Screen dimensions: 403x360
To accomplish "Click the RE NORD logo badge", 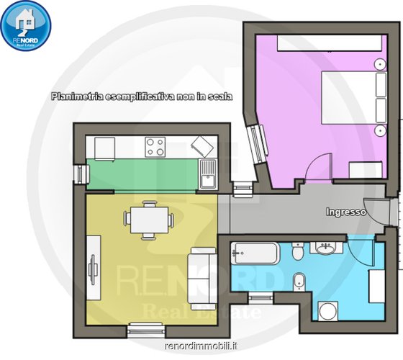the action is click(x=26, y=25).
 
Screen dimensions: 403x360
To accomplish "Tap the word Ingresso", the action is click(x=345, y=212).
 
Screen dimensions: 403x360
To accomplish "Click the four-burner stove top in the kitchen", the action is click(x=155, y=147).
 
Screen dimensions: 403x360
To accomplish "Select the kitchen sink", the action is click(x=208, y=174).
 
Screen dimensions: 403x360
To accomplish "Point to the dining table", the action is click(x=150, y=220).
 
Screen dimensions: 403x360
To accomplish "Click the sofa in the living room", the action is click(x=202, y=279).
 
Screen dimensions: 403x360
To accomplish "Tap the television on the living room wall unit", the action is click(x=93, y=269).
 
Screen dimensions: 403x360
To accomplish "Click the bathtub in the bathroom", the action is click(x=255, y=253).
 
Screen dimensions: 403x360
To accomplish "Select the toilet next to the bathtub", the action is click(x=298, y=251).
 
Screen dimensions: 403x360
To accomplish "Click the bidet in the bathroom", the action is click(x=299, y=282).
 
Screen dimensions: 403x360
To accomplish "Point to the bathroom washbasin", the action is click(x=326, y=248).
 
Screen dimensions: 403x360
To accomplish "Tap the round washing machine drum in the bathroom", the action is click(x=327, y=311).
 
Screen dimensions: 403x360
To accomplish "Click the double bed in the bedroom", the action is click(x=354, y=98).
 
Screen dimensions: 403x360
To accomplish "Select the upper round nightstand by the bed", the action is click(x=380, y=64).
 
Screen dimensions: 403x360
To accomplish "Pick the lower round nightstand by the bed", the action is click(x=380, y=130).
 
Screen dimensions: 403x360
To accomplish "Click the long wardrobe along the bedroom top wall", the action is click(x=330, y=43).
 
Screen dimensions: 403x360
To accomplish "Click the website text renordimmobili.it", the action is click(x=201, y=346).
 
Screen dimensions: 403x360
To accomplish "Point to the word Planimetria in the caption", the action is click(x=76, y=96).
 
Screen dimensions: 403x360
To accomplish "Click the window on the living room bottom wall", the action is click(x=146, y=330).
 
